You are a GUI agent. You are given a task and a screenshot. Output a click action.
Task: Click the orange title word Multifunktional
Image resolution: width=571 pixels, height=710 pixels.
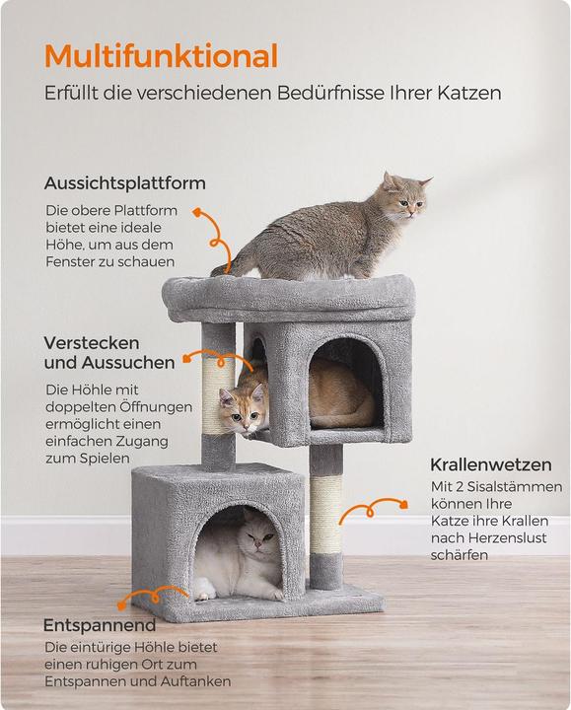161,56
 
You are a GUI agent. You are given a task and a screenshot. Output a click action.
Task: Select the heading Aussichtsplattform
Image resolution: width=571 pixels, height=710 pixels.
125,183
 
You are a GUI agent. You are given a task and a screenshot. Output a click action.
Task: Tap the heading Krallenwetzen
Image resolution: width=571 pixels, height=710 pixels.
491,464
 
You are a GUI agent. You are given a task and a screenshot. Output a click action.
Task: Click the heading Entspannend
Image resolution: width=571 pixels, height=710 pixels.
100,625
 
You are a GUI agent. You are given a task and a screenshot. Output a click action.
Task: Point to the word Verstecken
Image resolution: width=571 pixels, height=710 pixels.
92,343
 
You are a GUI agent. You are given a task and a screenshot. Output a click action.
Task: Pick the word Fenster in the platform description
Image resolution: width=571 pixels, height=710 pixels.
70,261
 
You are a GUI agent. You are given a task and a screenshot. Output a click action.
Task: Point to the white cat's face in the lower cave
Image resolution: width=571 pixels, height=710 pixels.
259,535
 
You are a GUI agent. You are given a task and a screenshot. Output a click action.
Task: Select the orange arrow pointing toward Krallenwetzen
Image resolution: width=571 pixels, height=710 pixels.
374,509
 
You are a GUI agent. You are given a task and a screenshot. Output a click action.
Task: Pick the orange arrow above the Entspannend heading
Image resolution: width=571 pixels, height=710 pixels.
154,595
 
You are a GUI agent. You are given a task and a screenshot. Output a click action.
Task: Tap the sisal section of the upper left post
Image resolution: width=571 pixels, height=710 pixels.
218,396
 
